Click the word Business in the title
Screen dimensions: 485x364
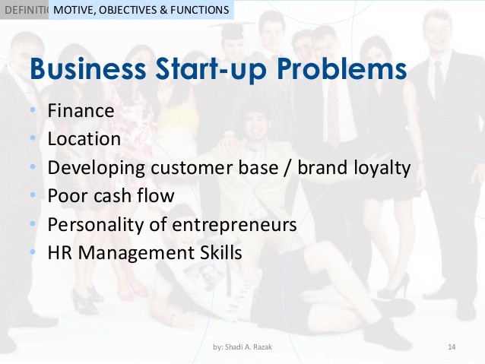[x=88, y=68]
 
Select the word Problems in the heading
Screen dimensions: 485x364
[x=341, y=68]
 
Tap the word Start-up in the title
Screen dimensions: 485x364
[x=211, y=69]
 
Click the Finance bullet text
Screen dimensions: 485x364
[x=81, y=110]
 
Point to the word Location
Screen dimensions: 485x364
[x=84, y=138]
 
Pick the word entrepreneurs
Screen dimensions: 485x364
[x=234, y=225]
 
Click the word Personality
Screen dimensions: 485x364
[x=96, y=225]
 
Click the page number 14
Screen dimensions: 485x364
[x=452, y=347]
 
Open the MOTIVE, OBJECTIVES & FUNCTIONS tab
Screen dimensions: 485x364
[x=141, y=10]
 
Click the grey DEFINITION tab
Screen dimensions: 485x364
[x=24, y=10]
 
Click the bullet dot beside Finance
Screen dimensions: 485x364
[x=33, y=109]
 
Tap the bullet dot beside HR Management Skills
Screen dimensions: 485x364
[x=33, y=252]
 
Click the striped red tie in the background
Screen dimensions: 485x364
[x=334, y=114]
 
